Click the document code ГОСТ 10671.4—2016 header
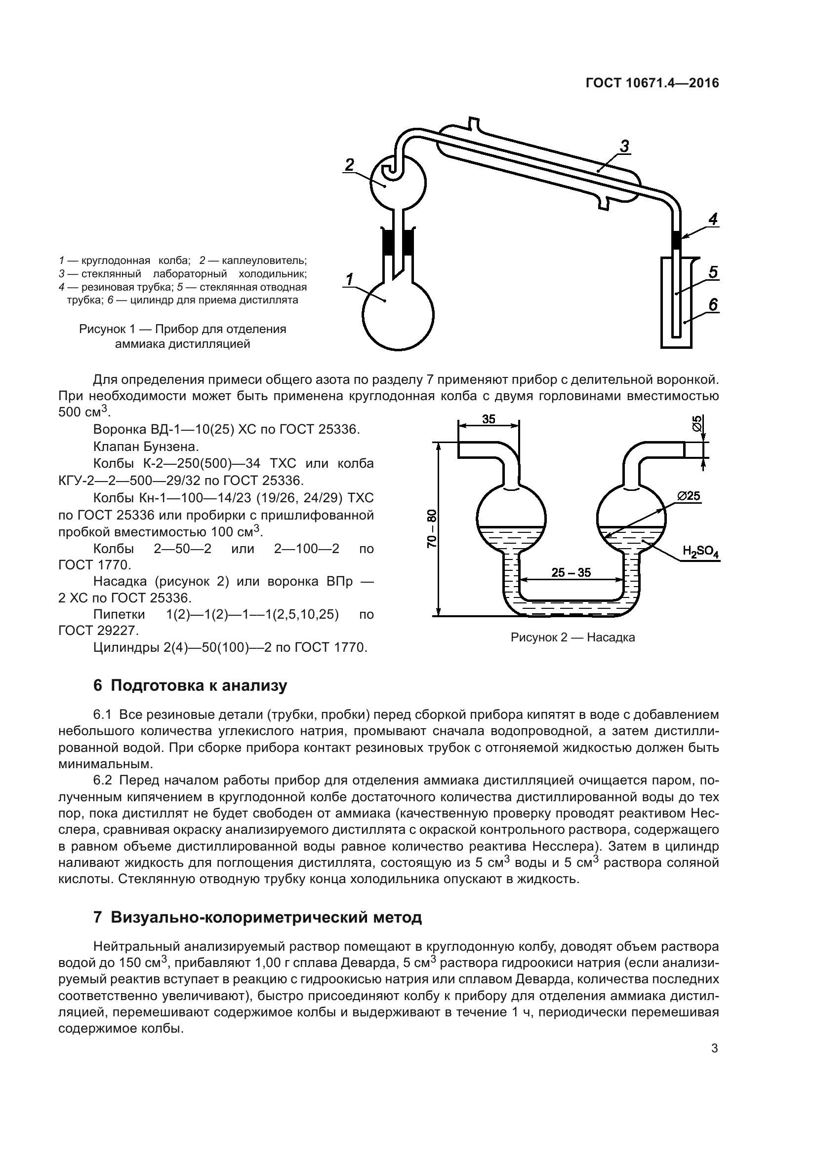[x=652, y=83]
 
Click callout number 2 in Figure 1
[x=349, y=164]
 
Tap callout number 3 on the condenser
[x=624, y=146]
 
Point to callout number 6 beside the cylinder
[x=713, y=304]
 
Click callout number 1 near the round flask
[x=349, y=279]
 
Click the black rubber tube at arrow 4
[x=677, y=239]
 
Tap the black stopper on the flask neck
[x=398, y=242]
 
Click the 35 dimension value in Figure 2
[x=489, y=419]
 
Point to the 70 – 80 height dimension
[x=432, y=528]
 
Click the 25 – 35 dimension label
[x=571, y=572]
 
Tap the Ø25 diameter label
[x=688, y=496]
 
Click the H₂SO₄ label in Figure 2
[x=700, y=552]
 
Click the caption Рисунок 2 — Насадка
[x=572, y=638]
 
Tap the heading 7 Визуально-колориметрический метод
[x=257, y=917]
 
